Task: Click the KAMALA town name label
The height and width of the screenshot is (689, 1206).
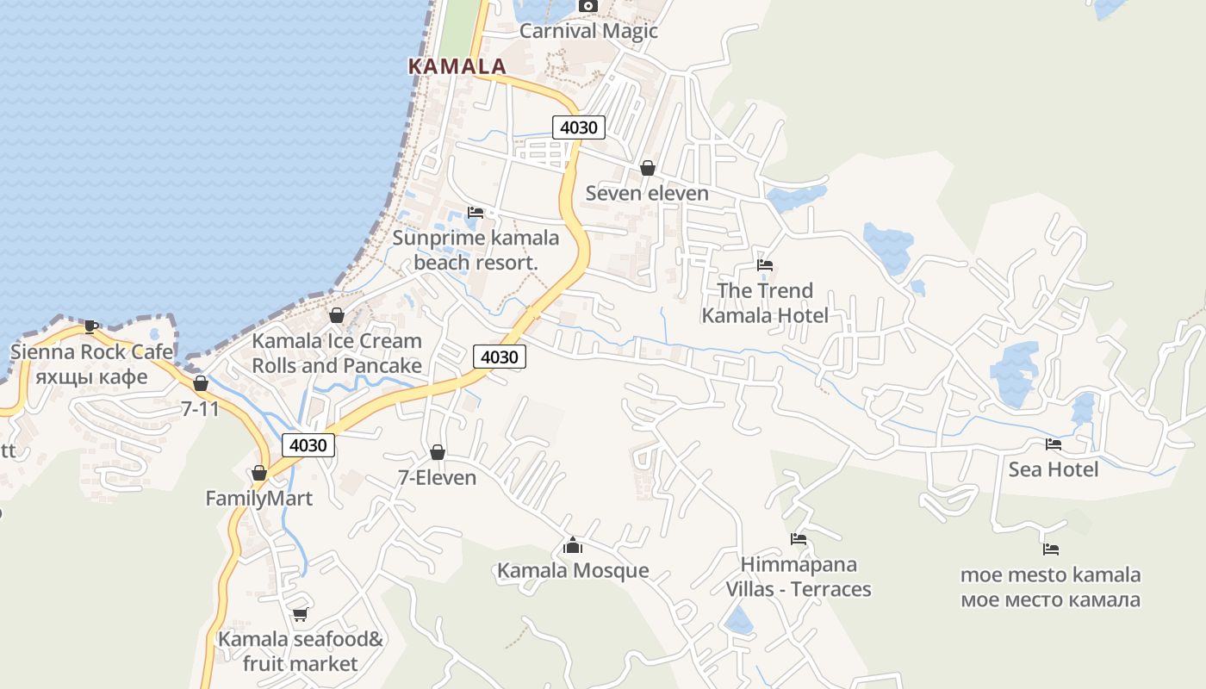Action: [457, 66]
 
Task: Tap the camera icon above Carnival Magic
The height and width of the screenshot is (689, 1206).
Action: [588, 6]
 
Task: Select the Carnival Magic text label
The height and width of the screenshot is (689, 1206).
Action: [588, 31]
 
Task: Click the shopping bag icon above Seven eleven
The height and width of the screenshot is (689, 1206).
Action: [647, 168]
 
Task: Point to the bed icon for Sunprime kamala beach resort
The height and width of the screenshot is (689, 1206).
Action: [476, 212]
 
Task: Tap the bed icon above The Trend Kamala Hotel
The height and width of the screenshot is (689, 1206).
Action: [764, 265]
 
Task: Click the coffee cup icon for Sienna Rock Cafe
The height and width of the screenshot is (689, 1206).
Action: [90, 326]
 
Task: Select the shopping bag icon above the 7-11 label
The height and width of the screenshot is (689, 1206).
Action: [201, 383]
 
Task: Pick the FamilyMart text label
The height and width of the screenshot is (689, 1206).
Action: [258, 499]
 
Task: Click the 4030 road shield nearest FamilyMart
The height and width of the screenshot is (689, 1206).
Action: [308, 445]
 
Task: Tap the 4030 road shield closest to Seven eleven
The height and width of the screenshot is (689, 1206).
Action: [578, 127]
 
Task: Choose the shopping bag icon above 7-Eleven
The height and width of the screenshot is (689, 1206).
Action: [437, 452]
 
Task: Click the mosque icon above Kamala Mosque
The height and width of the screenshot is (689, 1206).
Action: [573, 545]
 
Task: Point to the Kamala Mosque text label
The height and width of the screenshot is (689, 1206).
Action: [573, 571]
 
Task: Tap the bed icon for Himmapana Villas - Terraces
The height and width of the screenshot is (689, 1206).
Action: [799, 539]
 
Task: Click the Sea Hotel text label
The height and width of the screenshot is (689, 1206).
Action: [1053, 469]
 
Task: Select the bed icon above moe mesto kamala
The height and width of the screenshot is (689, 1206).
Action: [1050, 549]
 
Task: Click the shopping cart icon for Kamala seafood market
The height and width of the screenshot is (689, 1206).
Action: [300, 614]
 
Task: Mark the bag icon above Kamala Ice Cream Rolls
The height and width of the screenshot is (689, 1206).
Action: [337, 315]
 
